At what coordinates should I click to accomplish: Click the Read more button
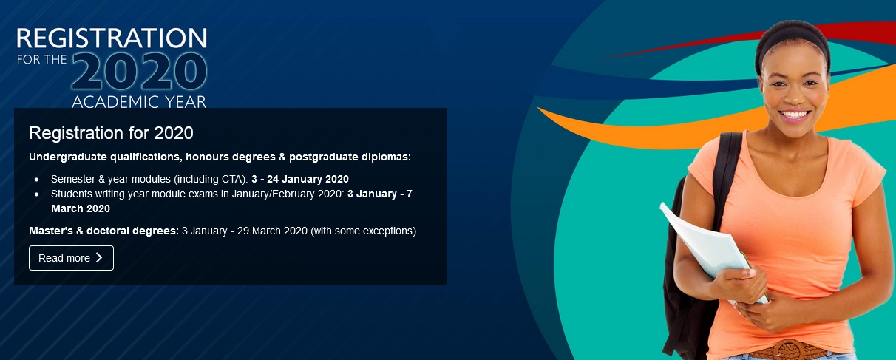71,258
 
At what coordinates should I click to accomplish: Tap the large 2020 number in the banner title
140,72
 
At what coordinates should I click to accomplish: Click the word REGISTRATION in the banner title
112,38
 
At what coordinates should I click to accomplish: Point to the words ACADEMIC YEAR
139,102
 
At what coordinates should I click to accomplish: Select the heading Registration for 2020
111,133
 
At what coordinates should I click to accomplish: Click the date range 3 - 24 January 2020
300,179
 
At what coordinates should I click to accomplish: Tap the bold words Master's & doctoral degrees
103,231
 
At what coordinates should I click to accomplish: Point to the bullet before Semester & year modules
37,180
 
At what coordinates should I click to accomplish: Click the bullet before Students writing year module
37,194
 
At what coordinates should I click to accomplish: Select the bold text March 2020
81,208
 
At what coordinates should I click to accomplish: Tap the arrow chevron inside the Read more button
99,257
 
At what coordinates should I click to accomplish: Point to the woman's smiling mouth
794,115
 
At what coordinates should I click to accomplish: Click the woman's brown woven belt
788,350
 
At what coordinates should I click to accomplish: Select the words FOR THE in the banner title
41,60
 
